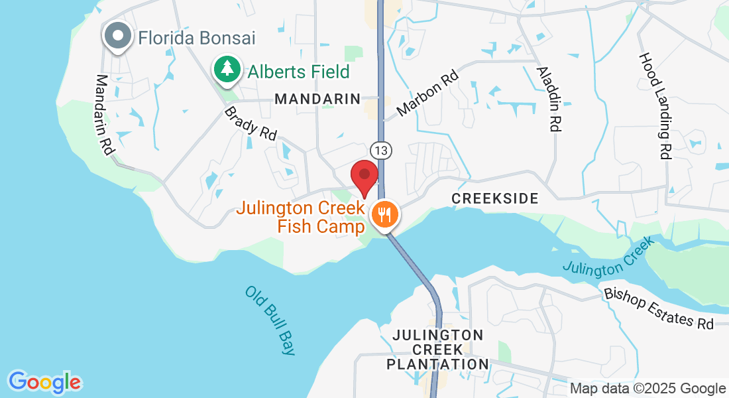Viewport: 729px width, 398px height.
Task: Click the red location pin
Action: (x=364, y=177)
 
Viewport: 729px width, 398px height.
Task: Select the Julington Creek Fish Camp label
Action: (x=301, y=218)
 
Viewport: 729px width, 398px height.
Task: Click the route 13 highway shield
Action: (x=380, y=151)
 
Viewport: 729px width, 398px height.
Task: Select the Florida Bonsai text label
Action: (x=197, y=38)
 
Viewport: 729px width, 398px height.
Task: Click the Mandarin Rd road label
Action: (x=105, y=115)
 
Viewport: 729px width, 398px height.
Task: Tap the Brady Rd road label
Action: (x=251, y=123)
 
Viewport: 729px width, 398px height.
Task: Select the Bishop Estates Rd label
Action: (x=659, y=308)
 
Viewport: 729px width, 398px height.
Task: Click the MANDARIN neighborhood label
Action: (x=317, y=99)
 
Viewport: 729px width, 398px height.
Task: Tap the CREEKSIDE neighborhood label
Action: (x=494, y=198)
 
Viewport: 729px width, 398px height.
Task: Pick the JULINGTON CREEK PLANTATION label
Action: (x=437, y=350)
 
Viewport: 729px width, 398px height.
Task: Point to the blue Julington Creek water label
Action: (x=608, y=257)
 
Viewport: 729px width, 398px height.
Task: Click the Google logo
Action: (x=44, y=382)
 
